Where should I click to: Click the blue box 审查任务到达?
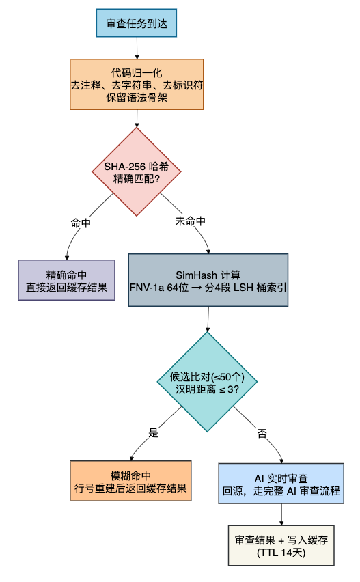click(x=136, y=23)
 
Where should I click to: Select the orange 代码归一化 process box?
click(x=137, y=84)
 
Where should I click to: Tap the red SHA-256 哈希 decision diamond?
click(x=137, y=172)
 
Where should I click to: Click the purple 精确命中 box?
click(x=66, y=280)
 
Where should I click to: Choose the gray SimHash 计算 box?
click(x=208, y=280)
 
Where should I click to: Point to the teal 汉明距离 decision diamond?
click(x=207, y=382)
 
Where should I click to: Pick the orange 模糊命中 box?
click(x=130, y=481)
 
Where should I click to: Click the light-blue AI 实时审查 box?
click(x=281, y=484)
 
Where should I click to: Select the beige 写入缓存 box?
click(x=281, y=546)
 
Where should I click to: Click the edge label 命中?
click(x=81, y=223)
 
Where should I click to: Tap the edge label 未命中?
click(x=191, y=221)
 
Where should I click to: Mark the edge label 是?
click(x=153, y=432)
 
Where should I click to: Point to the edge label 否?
click(x=262, y=433)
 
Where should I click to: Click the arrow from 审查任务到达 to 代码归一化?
click(x=137, y=48)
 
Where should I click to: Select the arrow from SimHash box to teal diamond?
click(x=208, y=319)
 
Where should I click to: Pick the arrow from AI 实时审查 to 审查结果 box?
click(x=281, y=514)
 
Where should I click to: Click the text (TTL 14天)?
click(x=281, y=553)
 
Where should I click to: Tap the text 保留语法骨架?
click(x=137, y=97)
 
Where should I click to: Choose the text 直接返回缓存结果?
click(x=66, y=287)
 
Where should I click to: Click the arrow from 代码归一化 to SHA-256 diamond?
click(x=137, y=119)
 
